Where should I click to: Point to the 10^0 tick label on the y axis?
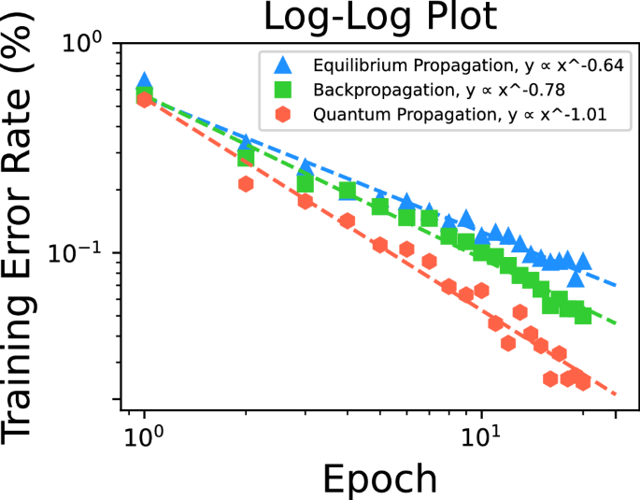[90, 44]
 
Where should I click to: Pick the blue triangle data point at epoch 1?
[144, 81]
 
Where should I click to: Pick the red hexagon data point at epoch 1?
[144, 99]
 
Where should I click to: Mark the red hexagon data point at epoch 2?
[246, 184]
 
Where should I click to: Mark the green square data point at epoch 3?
[306, 184]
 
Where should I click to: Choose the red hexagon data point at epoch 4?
[348, 221]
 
